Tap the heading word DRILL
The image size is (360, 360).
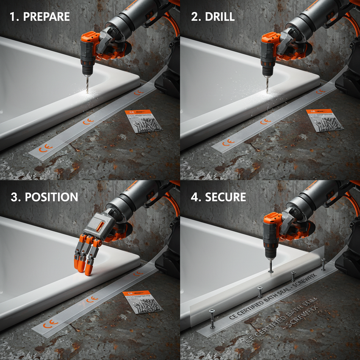219,17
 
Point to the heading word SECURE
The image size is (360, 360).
225,197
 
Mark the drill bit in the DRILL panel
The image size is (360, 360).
267,84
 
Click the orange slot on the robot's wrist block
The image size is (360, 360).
99,225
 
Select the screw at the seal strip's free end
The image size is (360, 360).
212,318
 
